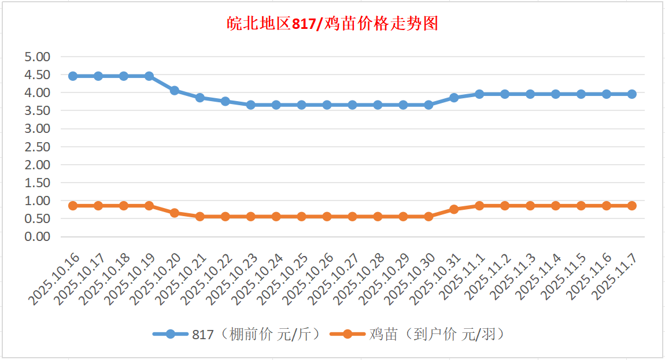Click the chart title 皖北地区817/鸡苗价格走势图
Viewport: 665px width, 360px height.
[332, 24]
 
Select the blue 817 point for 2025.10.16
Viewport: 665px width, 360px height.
[73, 76]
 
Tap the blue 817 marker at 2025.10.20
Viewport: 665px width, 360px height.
[175, 91]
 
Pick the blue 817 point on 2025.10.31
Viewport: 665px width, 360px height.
[454, 98]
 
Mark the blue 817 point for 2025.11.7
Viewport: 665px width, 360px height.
[632, 94]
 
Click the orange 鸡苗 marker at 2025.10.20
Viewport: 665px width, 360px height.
[175, 213]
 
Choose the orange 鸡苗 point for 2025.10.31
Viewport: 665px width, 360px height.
[454, 209]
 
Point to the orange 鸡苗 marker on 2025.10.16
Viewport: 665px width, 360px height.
[73, 206]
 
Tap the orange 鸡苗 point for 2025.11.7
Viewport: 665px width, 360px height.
[632, 206]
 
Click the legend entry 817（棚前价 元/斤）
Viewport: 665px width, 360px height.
[237, 334]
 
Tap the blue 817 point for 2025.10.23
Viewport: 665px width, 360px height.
[251, 105]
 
